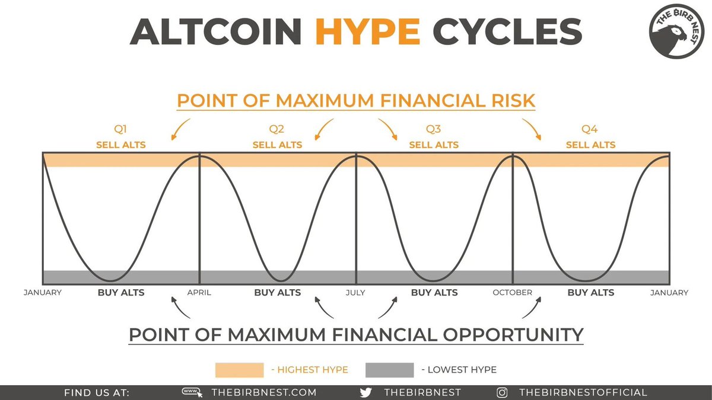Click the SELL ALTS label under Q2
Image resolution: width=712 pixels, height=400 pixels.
coord(277,145)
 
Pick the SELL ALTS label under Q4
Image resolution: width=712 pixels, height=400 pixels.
coord(590,145)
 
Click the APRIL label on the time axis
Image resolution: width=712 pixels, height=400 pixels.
coord(199,292)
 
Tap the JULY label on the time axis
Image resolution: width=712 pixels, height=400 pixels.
coord(356,292)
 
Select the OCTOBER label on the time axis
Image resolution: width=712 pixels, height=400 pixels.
coord(512,292)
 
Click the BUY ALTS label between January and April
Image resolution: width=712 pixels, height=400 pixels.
coord(121,292)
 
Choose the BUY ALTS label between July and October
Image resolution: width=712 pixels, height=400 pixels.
coord(434,292)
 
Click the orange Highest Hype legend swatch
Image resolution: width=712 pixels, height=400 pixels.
coord(239,370)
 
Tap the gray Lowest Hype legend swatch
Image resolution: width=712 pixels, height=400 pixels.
coord(390,370)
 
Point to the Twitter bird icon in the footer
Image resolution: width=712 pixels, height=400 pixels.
coord(367,392)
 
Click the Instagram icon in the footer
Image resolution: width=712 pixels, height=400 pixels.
coord(502,392)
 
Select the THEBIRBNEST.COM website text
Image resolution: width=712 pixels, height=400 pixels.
coord(263,392)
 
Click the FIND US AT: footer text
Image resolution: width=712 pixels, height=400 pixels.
coord(96,392)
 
